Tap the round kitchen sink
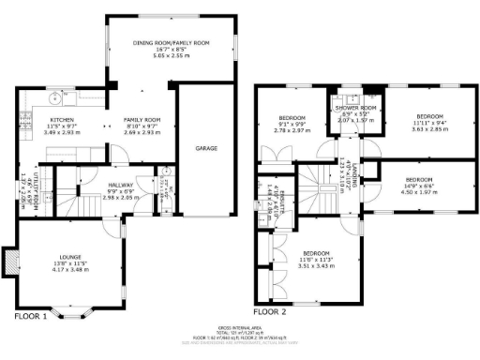(55, 97)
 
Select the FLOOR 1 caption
(31, 317)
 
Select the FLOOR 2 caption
(271, 310)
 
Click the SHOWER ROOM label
(355, 108)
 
